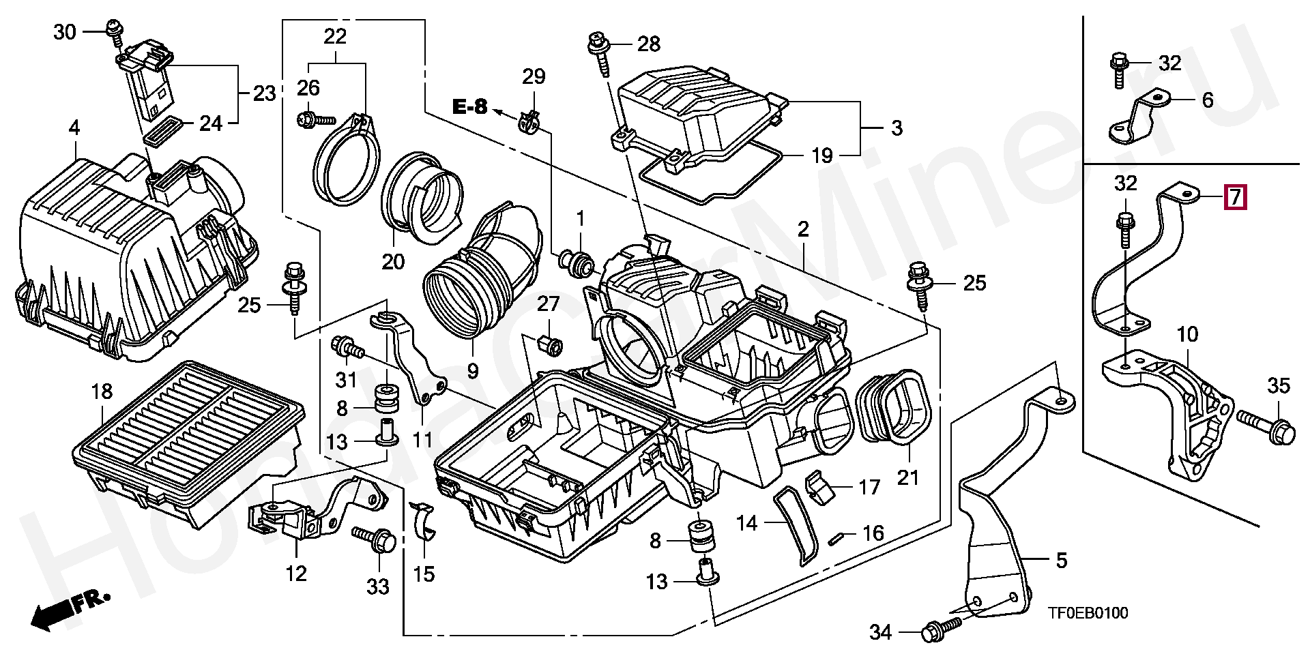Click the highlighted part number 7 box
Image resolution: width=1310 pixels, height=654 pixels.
pyautogui.click(x=1236, y=197)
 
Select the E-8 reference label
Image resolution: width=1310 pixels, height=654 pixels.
pyautogui.click(x=470, y=106)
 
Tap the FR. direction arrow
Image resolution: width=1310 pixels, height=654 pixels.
pyautogui.click(x=68, y=609)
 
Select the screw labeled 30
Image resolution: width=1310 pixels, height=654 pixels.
pyautogui.click(x=112, y=29)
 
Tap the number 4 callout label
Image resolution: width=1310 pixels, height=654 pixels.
pyautogui.click(x=74, y=128)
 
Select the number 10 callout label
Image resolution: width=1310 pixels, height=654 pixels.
pyautogui.click(x=1187, y=334)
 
